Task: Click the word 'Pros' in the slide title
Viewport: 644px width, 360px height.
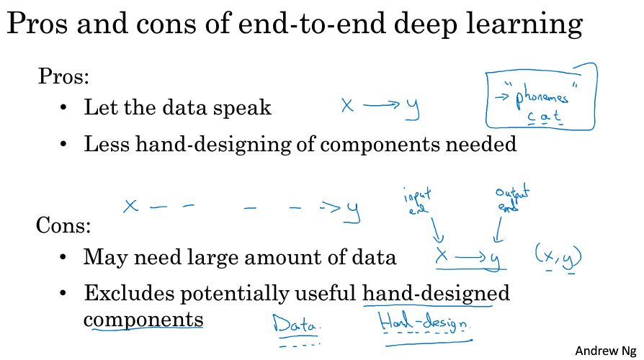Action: (37, 23)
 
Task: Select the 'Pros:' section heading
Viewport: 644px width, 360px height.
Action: (63, 76)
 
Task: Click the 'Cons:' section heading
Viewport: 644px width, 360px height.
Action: (63, 225)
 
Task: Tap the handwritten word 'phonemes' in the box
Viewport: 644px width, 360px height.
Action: (541, 97)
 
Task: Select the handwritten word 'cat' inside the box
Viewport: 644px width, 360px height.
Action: (544, 117)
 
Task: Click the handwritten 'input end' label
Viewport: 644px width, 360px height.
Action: (417, 201)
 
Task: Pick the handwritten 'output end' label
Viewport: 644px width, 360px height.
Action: (511, 199)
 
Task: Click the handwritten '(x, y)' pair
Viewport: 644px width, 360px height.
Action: (558, 256)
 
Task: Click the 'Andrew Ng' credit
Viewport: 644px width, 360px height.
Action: (605, 351)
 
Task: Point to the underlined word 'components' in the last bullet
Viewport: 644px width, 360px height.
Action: (143, 320)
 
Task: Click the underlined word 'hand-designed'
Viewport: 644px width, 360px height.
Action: (436, 294)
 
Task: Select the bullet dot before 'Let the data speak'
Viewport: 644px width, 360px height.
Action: (63, 108)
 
